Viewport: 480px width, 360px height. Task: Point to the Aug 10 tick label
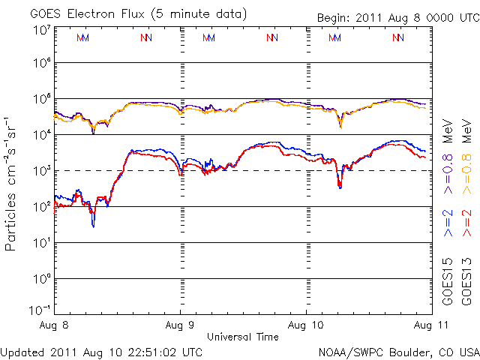pyautogui.click(x=307, y=325)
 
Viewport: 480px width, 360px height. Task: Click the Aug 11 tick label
pyautogui.click(x=419, y=325)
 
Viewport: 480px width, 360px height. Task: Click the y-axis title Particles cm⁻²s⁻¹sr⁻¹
pyautogui.click(x=11, y=183)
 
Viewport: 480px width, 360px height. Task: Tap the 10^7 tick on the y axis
pyautogui.click(x=40, y=29)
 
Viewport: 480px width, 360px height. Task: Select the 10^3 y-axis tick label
pyautogui.click(x=40, y=171)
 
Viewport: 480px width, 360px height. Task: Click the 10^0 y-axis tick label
pyautogui.click(x=40, y=279)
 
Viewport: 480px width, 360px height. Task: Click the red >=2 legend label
pyautogui.click(x=466, y=223)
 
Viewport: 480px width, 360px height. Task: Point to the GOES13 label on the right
pyautogui.click(x=466, y=279)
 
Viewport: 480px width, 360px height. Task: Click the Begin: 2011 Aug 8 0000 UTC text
pyautogui.click(x=397, y=16)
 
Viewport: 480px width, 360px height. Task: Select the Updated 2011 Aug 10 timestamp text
pyautogui.click(x=102, y=351)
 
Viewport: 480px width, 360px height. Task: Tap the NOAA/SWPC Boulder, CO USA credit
pyautogui.click(x=399, y=351)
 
